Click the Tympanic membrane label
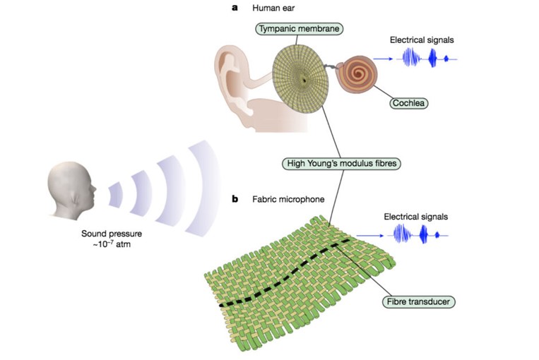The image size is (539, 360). (299, 28)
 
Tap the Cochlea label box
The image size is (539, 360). (408, 103)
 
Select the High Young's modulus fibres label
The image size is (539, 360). (341, 163)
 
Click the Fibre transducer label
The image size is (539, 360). (418, 301)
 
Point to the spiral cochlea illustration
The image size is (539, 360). (357, 75)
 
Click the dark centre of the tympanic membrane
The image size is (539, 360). (304, 80)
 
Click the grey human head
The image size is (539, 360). (71, 191)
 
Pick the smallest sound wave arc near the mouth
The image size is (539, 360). (116, 195)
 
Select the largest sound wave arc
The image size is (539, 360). (207, 188)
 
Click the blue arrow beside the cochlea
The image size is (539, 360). (383, 59)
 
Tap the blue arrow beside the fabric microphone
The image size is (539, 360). (370, 236)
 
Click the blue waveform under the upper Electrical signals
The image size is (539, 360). (427, 58)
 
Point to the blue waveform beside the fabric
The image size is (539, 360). (417, 234)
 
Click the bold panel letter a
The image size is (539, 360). (235, 8)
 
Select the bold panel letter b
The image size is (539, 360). (235, 199)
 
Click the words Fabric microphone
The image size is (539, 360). (288, 199)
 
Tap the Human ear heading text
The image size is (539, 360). (273, 8)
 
